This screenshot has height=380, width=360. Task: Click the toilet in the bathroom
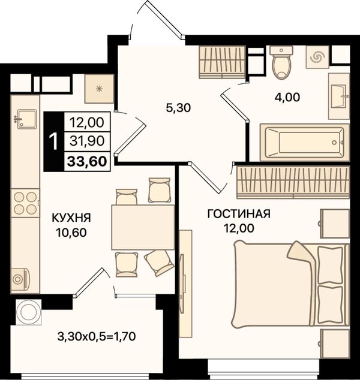coord(281,62)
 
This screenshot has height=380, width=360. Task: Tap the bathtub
coord(305,142)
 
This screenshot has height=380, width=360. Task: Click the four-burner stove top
coord(25,203)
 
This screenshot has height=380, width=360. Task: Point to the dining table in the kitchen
coord(143,227)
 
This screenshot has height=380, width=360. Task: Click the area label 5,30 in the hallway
coord(178,108)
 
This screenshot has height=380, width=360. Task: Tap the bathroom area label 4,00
coord(287,98)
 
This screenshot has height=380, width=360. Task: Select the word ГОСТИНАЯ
coord(239,214)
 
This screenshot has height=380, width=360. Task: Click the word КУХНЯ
coord(71,218)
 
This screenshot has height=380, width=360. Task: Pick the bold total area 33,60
coord(87,161)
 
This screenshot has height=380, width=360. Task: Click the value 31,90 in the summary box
coord(87,141)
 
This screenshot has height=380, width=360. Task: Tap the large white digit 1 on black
coord(53,141)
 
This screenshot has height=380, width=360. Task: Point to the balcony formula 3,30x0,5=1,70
coord(97,336)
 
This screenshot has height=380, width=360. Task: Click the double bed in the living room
coord(290,284)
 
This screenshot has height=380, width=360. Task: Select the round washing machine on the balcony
coord(28,312)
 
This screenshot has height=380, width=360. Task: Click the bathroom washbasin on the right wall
coord(339,96)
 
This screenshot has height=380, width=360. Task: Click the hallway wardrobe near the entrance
coord(222,62)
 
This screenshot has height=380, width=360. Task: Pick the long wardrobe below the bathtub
coord(293,182)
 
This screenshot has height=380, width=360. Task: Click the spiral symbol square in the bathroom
coord(317,57)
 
